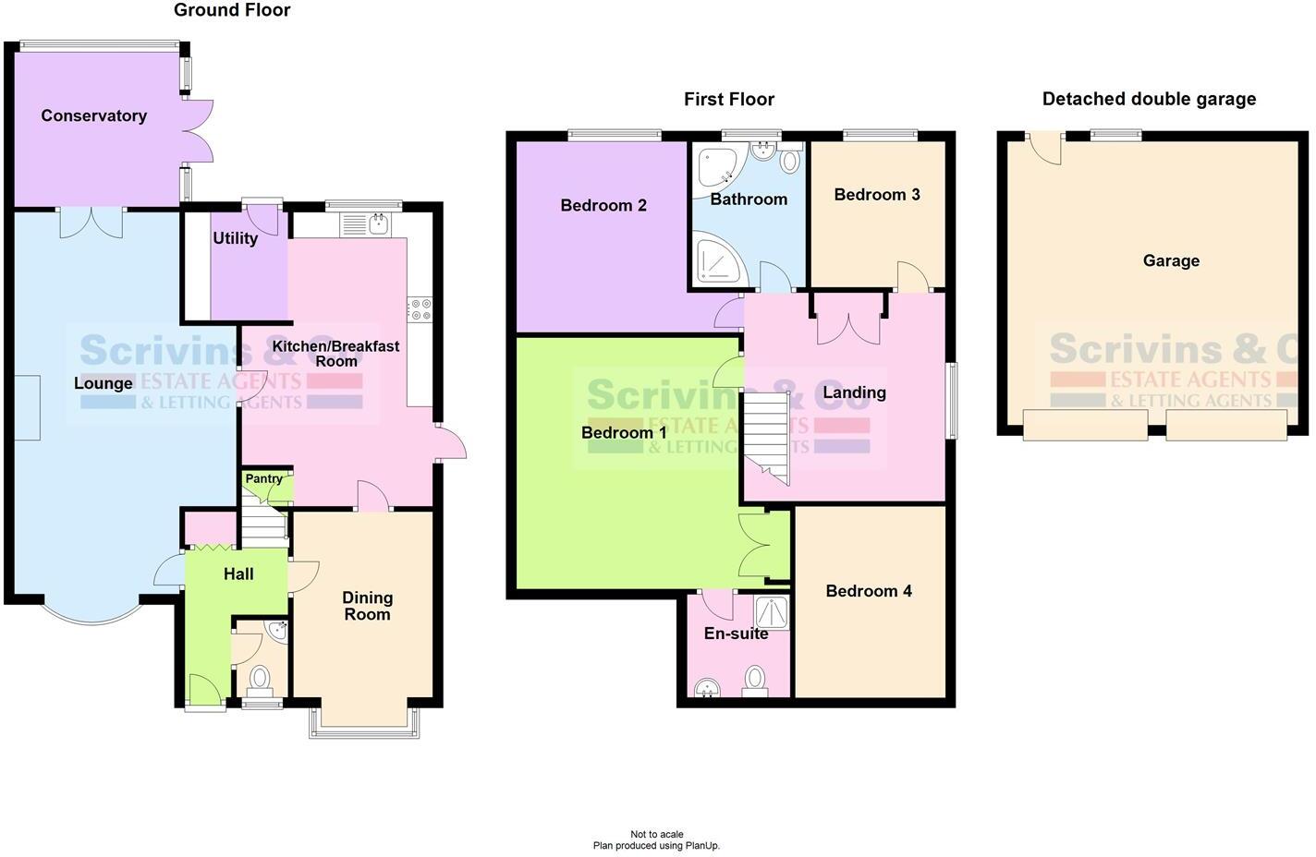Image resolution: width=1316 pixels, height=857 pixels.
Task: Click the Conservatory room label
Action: coord(93,115)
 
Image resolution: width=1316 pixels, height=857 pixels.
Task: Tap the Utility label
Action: coord(235,238)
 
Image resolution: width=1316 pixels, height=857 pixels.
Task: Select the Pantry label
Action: coord(264,479)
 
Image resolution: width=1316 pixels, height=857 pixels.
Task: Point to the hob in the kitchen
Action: coord(420,309)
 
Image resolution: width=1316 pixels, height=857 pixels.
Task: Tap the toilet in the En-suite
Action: coord(755,682)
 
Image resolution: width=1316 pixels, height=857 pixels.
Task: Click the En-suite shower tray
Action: coord(772,611)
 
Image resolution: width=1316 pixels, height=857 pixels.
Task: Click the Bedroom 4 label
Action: coord(869,591)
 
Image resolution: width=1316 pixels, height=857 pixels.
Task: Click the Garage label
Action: coord(1171,261)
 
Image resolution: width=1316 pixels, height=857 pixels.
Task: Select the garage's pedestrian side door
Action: coord(1045,148)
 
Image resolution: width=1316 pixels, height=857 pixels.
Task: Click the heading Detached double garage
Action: coord(1149,99)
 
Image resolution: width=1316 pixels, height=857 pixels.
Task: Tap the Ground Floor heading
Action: coord(232,10)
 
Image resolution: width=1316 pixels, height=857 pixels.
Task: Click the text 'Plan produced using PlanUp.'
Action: coord(656,846)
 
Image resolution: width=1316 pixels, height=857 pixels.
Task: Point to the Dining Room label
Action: coord(367,606)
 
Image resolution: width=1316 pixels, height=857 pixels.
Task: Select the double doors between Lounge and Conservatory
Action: coord(91,222)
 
